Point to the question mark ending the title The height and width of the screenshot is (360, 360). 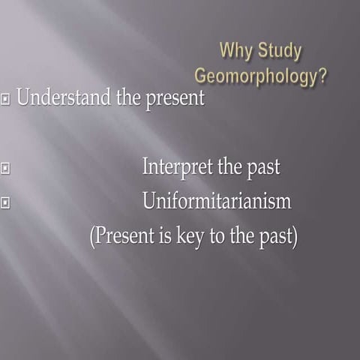point(322,76)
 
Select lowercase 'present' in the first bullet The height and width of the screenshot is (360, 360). point(171,99)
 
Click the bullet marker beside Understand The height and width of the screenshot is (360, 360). point(7,98)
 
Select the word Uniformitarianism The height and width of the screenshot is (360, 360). point(216,201)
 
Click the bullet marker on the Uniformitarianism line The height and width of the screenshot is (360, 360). point(7,202)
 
